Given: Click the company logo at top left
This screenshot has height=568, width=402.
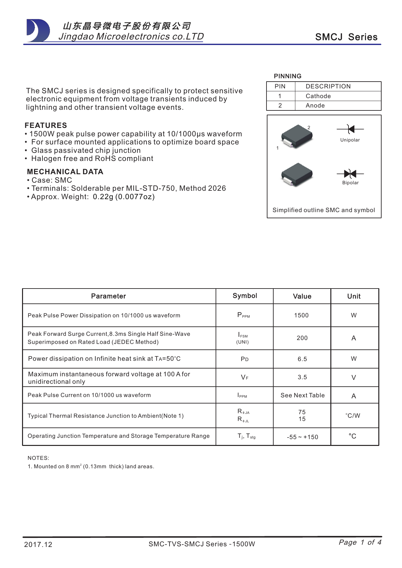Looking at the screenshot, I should tap(38, 31).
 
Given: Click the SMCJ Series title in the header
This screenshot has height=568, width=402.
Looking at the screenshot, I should tap(346, 37).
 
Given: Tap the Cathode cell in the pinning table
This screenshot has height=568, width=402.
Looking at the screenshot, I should tap(318, 96).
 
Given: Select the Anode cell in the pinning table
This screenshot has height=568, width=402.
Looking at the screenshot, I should tap(315, 106).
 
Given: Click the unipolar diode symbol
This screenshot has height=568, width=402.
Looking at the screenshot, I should tap(350, 129).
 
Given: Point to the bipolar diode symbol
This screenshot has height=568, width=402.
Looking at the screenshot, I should tap(350, 174).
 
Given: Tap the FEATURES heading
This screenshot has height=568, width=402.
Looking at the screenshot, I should tap(46, 125).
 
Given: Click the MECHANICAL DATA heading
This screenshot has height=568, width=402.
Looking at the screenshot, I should tap(65, 172).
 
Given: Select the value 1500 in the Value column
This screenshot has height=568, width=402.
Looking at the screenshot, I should tap(301, 315).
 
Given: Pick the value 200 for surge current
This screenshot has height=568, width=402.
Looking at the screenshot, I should tap(302, 338).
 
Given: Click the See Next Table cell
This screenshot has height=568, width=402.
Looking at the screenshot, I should tap(302, 395).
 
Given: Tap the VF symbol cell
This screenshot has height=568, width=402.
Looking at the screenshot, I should tap(244, 378).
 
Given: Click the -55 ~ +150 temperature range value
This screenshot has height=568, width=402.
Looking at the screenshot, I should tap(302, 437).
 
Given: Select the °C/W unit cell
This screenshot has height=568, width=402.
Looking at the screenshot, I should tap(353, 416).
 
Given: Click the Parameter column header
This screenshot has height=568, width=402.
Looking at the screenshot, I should tap(108, 296).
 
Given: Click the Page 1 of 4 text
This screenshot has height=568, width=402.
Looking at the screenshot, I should tap(360, 542).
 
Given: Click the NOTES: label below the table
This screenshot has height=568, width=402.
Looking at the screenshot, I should tap(38, 458).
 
